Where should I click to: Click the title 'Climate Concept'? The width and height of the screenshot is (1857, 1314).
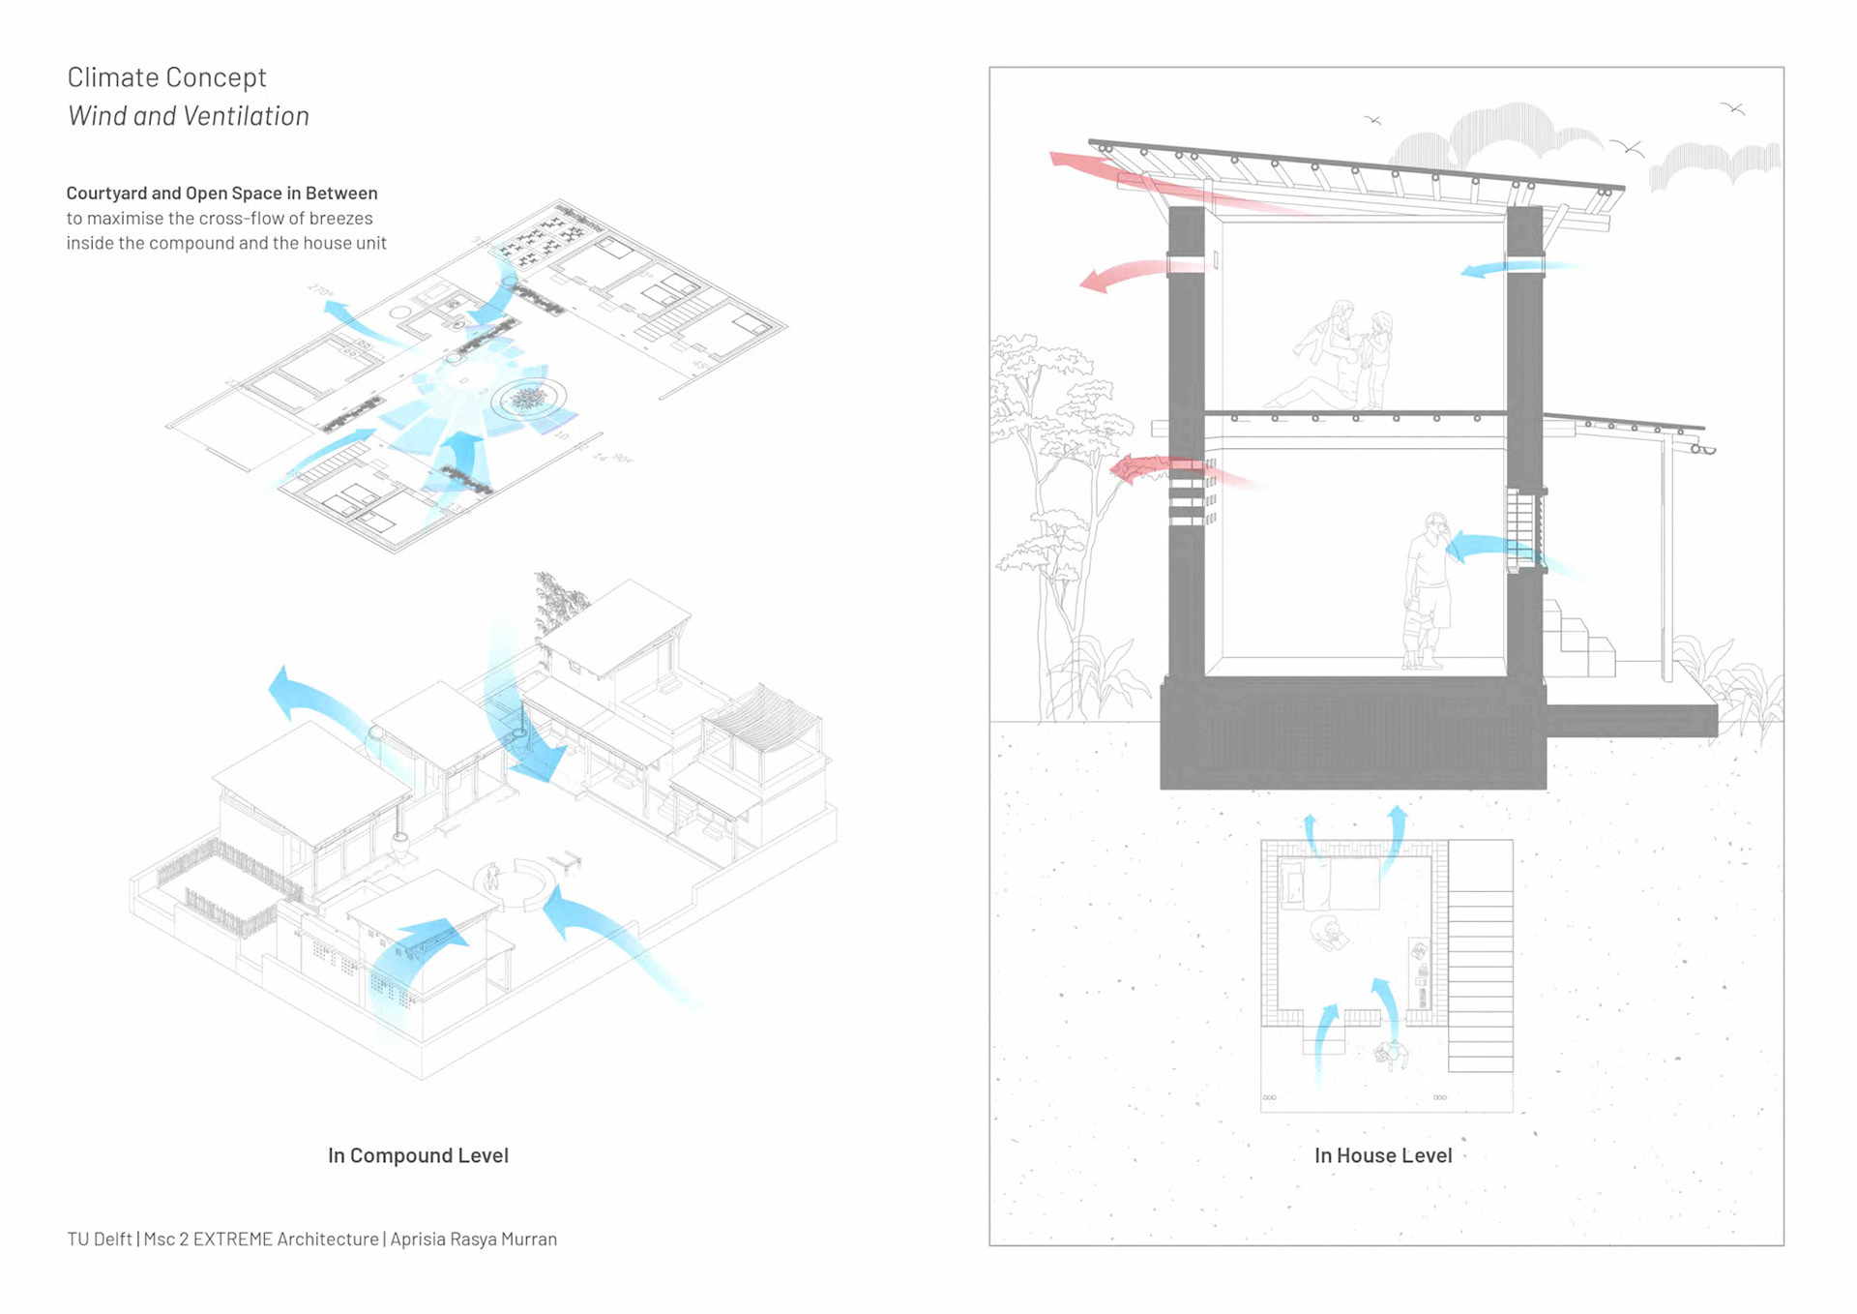pos(166,77)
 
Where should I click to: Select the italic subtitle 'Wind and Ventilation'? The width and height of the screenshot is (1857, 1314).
pos(189,116)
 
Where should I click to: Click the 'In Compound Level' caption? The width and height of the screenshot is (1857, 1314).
pos(418,1155)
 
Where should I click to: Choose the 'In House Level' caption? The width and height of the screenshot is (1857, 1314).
pos(1383,1155)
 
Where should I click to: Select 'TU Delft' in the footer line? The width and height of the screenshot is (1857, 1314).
pos(100,1239)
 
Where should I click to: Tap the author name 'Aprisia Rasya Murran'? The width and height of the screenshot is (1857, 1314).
pos(474,1239)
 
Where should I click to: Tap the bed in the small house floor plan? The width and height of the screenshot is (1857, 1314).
pos(1330,883)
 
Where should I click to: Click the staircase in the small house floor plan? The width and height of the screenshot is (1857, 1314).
pos(1480,958)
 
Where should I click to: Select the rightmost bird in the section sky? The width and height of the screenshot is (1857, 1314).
pos(1733,108)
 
